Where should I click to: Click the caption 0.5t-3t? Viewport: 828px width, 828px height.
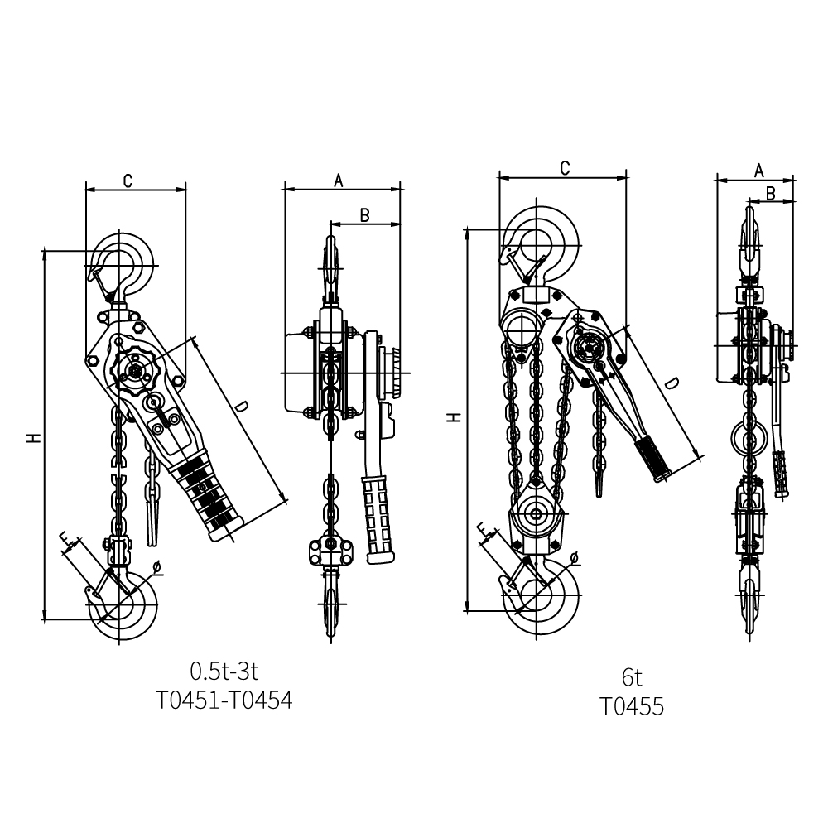click(224, 672)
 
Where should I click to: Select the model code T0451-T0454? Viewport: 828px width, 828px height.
click(224, 700)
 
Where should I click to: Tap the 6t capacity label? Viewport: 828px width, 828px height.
click(632, 677)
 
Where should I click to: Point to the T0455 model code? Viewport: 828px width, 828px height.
click(632, 706)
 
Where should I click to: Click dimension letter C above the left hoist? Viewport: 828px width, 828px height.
click(128, 181)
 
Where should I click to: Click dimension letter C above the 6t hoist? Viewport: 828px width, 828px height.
click(565, 168)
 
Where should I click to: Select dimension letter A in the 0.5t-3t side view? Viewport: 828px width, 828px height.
click(339, 181)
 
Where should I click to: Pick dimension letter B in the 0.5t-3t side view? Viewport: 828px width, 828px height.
click(364, 215)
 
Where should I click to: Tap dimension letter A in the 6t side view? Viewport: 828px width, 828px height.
click(758, 170)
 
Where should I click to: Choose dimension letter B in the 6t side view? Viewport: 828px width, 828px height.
click(770, 194)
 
